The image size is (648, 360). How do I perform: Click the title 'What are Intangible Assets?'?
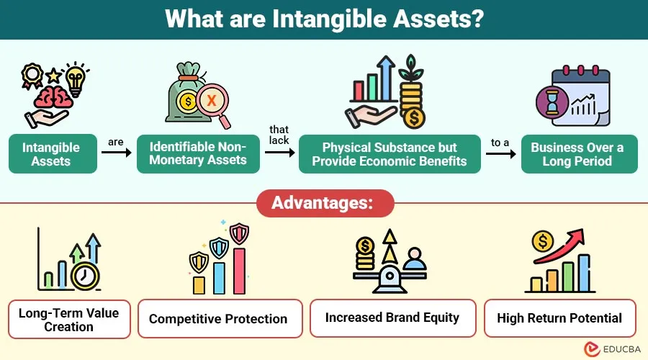click(324, 19)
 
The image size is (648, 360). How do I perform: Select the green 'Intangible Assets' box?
click(53, 153)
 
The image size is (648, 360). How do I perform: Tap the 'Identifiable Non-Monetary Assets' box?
click(198, 153)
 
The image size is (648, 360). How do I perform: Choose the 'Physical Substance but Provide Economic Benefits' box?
click(389, 153)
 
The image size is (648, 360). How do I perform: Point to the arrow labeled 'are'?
click(116, 153)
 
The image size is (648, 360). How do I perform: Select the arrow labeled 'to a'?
click(500, 153)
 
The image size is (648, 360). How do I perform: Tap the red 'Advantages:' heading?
click(324, 203)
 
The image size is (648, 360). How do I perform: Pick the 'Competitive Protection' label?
click(218, 319)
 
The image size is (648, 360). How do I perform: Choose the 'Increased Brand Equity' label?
click(392, 318)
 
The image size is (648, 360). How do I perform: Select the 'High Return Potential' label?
click(559, 318)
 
